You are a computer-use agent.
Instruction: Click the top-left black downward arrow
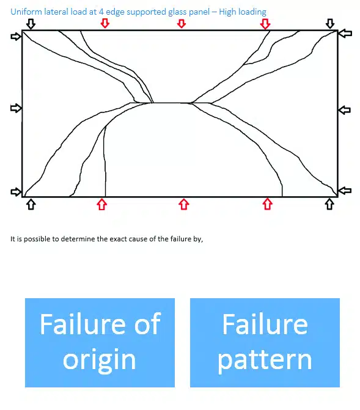tap(31, 24)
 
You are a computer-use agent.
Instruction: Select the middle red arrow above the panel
tap(182, 23)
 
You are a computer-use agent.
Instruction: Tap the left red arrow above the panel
tap(105, 23)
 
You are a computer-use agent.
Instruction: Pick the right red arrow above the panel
tap(265, 24)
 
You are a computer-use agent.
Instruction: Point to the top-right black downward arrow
tap(330, 24)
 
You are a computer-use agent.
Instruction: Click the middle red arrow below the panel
tap(183, 204)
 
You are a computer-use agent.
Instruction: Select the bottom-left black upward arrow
tap(31, 204)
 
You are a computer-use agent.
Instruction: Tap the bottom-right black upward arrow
tap(329, 204)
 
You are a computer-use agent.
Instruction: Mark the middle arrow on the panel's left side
tap(16, 108)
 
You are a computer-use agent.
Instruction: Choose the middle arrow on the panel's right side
tap(345, 110)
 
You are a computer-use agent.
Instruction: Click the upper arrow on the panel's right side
tap(345, 33)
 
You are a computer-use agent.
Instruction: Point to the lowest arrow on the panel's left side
tap(16, 192)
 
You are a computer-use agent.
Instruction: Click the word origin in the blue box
tap(100, 361)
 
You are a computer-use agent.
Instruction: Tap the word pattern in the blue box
tap(265, 361)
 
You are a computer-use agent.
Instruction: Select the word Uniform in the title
tap(26, 12)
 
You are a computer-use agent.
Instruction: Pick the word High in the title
tap(227, 12)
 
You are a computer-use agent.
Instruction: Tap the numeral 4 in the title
tap(101, 12)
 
